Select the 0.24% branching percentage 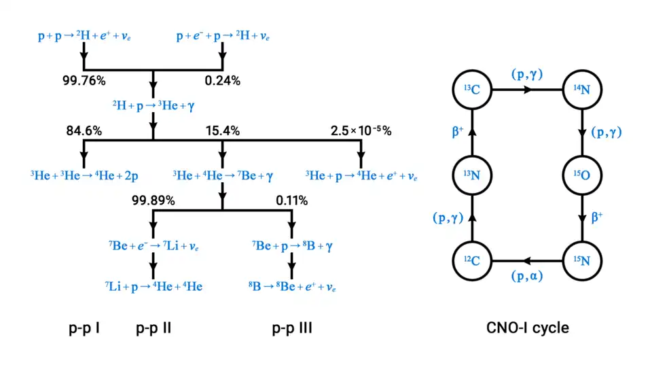[222, 81]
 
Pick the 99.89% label [153, 200]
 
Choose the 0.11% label [291, 200]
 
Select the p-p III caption [292, 329]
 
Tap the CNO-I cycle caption [528, 328]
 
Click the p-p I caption [85, 329]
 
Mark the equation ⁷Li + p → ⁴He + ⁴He [153, 286]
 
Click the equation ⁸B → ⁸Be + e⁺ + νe [292, 286]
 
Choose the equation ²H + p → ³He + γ [153, 105]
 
